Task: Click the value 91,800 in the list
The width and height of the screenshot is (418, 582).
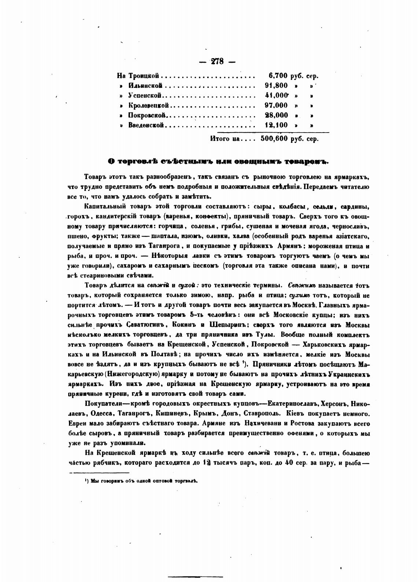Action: click(276, 86)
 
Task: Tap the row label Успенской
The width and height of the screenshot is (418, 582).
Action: click(145, 96)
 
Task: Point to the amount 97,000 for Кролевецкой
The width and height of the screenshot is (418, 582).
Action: click(276, 105)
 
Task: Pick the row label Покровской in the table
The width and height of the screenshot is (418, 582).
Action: click(147, 115)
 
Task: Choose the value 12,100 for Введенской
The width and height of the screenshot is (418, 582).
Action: click(276, 125)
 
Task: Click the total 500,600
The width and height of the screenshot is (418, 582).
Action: click(274, 139)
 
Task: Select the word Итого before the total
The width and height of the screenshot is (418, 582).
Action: click(220, 139)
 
